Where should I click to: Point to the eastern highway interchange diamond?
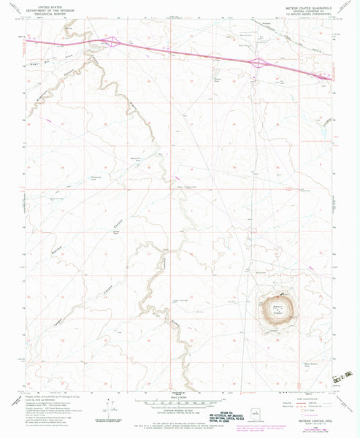pos(258,64)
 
